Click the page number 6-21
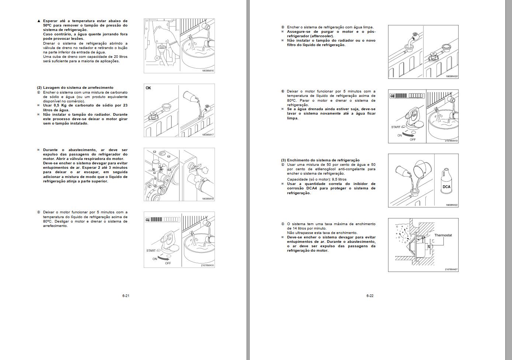126,296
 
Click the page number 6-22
370,296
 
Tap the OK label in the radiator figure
148,88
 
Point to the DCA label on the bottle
446,187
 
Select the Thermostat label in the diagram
443,235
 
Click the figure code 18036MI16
208,70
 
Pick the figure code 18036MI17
208,134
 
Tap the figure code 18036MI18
208,199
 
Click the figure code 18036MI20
452,76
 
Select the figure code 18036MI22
452,205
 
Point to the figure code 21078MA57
451,269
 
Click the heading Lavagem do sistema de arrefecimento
78,88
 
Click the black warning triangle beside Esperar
39,21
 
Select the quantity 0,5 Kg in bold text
62,105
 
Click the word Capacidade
297,179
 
